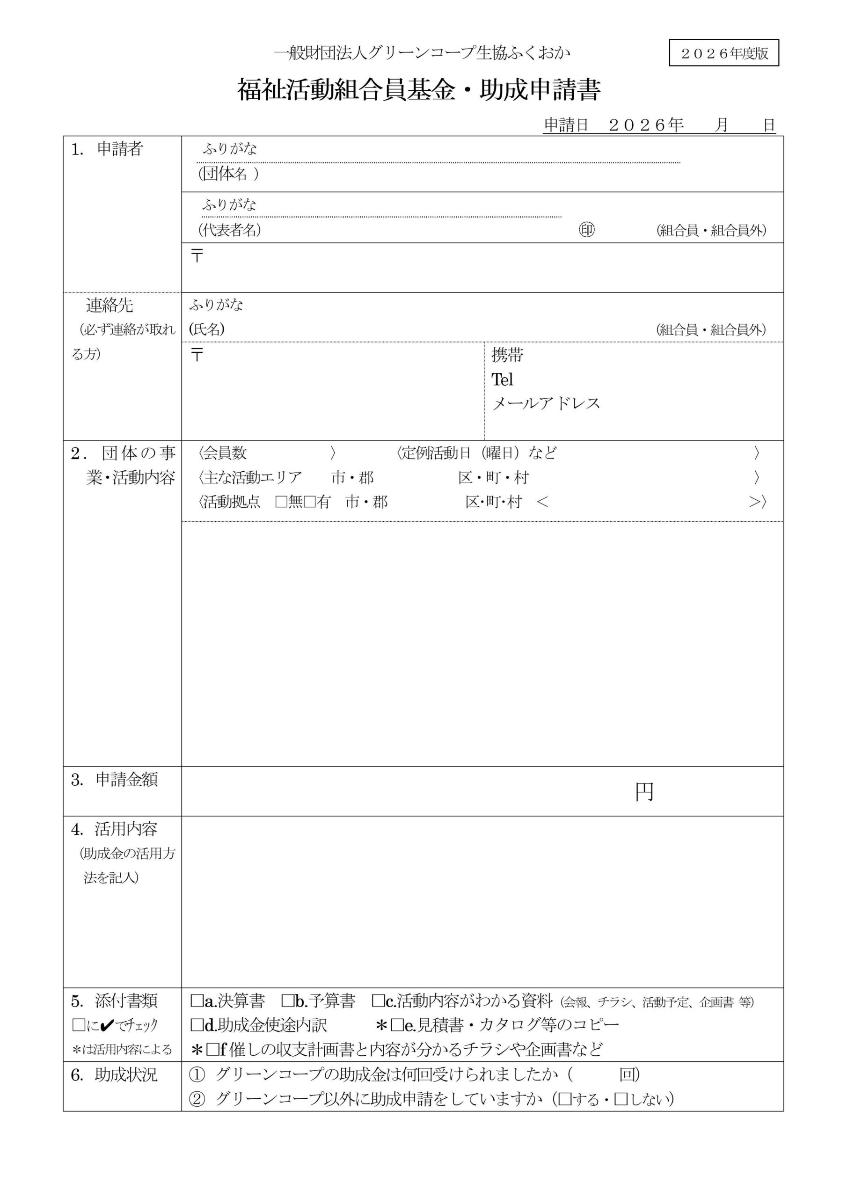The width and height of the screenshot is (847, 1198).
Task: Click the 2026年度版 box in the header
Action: (x=723, y=53)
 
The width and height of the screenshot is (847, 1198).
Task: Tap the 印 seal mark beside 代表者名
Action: (x=587, y=230)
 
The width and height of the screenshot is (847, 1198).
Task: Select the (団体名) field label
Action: (x=228, y=174)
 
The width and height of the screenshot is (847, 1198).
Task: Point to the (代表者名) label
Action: (x=229, y=230)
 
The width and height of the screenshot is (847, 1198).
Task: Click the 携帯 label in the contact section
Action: (x=507, y=355)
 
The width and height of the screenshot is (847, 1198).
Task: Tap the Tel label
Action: (x=502, y=380)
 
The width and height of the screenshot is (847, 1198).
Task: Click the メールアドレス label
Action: (x=546, y=403)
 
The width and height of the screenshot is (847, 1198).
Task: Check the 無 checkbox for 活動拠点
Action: (x=281, y=502)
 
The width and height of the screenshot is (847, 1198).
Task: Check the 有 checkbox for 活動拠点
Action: (x=309, y=502)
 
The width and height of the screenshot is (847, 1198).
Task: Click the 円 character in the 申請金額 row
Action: (x=644, y=792)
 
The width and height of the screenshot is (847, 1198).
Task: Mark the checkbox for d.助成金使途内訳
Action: (x=197, y=1025)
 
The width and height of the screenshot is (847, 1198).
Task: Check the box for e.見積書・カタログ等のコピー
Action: (x=397, y=1025)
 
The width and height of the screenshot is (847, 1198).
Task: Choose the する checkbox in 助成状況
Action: (x=565, y=1099)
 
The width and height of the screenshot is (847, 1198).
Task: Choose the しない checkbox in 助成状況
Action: (x=621, y=1099)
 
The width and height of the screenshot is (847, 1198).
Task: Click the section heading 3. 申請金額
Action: (x=114, y=780)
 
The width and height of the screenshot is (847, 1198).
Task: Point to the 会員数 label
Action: (x=225, y=453)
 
